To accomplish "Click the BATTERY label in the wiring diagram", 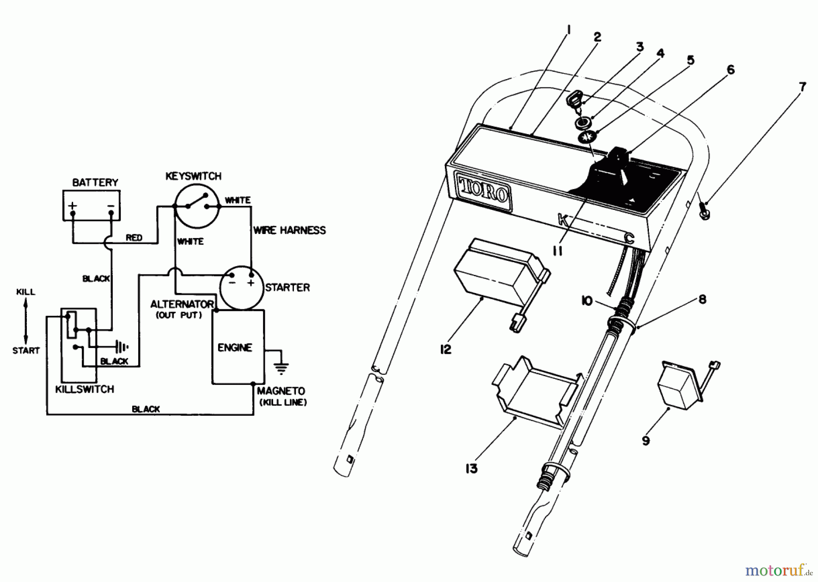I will coord(95,182).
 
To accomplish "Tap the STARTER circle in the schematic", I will coord(241,287).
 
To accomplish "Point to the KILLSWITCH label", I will coord(85,389).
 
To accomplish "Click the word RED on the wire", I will coord(134,238).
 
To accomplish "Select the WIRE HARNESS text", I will coord(289,230).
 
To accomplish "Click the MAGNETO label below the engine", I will coord(281,391).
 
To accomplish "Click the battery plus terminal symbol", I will coord(73,206).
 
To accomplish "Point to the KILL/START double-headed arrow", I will coord(26,321).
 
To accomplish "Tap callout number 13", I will coord(471,468).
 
